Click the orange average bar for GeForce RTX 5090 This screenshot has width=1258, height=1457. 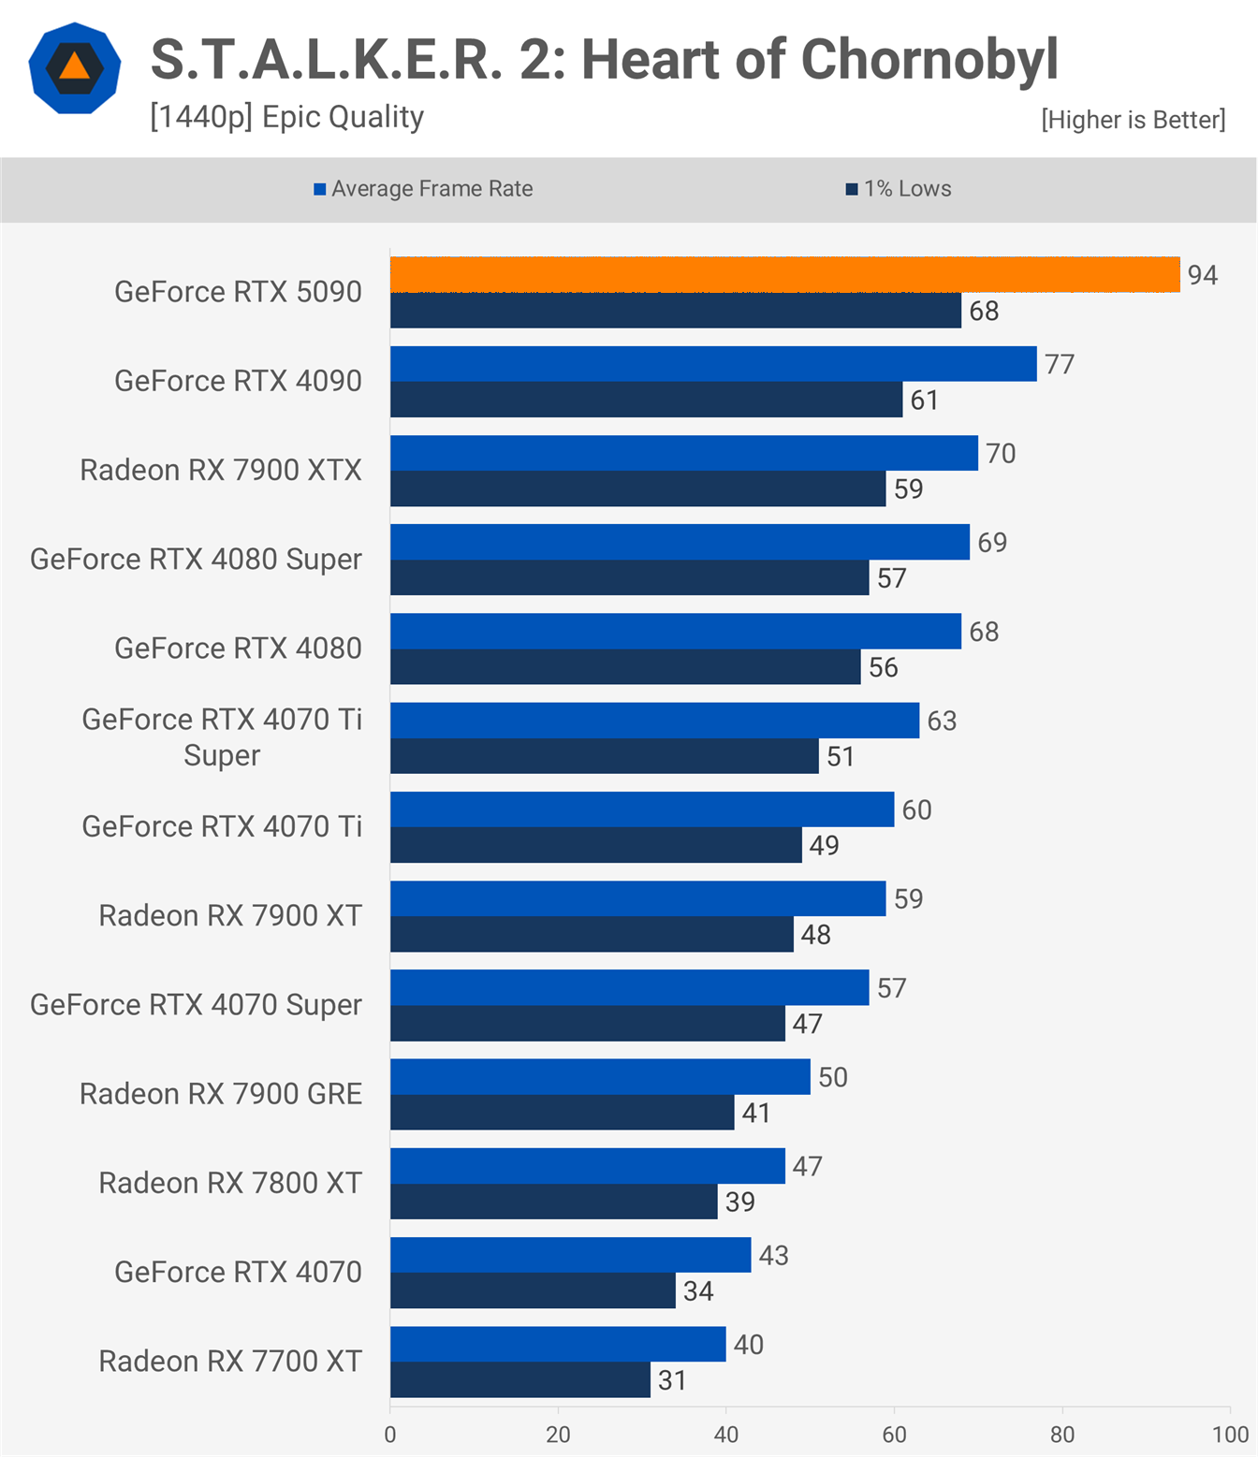click(x=784, y=275)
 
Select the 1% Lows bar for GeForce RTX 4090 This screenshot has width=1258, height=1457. click(x=646, y=400)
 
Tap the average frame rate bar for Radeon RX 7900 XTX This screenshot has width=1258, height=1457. click(x=683, y=453)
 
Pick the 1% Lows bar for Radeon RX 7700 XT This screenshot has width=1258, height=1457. click(x=519, y=1380)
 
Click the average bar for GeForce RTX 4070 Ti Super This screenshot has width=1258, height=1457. click(x=654, y=721)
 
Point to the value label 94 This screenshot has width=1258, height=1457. click(x=1202, y=275)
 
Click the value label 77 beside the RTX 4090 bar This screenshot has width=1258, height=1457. click(x=1060, y=364)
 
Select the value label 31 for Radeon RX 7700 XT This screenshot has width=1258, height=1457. click(x=672, y=1380)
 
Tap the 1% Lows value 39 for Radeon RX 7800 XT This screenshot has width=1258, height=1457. click(x=739, y=1202)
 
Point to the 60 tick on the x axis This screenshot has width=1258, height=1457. click(x=894, y=1435)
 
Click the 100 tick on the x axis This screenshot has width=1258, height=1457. click(x=1230, y=1435)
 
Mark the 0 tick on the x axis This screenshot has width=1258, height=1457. click(x=390, y=1435)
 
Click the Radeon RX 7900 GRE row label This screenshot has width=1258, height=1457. click(x=221, y=1094)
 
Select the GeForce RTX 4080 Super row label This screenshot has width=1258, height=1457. click(x=196, y=560)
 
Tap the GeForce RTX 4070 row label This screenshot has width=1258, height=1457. click(x=238, y=1272)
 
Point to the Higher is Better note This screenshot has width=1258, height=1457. click(x=1133, y=120)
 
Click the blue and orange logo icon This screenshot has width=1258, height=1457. click(x=75, y=68)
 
